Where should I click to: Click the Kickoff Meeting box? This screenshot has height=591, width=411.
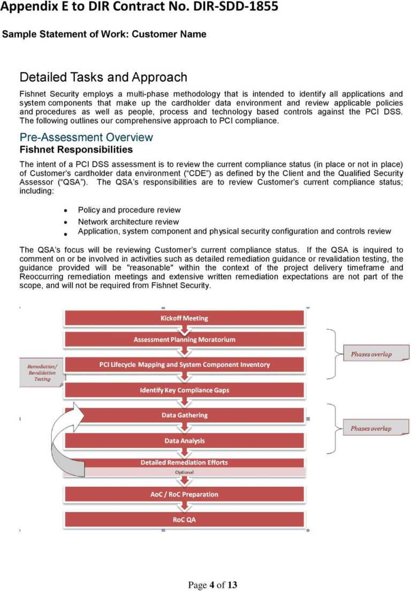coord(184,318)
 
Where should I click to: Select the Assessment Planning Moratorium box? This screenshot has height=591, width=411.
coord(184,339)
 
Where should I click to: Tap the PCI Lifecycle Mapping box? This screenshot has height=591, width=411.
coord(184,364)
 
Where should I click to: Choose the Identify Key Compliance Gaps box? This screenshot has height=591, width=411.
coord(184,390)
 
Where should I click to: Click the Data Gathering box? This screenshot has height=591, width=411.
coord(184,415)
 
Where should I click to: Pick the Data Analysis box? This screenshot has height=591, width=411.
coord(184,441)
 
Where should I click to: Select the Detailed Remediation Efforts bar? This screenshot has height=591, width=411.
coord(184,463)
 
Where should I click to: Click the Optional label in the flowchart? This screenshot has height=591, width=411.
coord(184,472)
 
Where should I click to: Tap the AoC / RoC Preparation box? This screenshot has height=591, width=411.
coord(184,494)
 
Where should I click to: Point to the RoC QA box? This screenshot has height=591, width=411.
coord(184,519)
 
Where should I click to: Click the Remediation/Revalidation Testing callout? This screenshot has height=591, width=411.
coord(42,372)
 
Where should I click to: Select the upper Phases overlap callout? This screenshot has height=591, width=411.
coord(371,354)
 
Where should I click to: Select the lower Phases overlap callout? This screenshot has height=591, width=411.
coord(371,429)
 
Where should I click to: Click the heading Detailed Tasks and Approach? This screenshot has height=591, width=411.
coord(103,77)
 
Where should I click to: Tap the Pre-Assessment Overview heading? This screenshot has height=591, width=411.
coord(86,137)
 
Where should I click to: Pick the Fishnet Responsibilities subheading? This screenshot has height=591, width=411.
coord(76,150)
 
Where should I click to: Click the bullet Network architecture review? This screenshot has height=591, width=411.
coord(128,222)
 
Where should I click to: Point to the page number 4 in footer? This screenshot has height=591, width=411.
coord(212,585)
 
